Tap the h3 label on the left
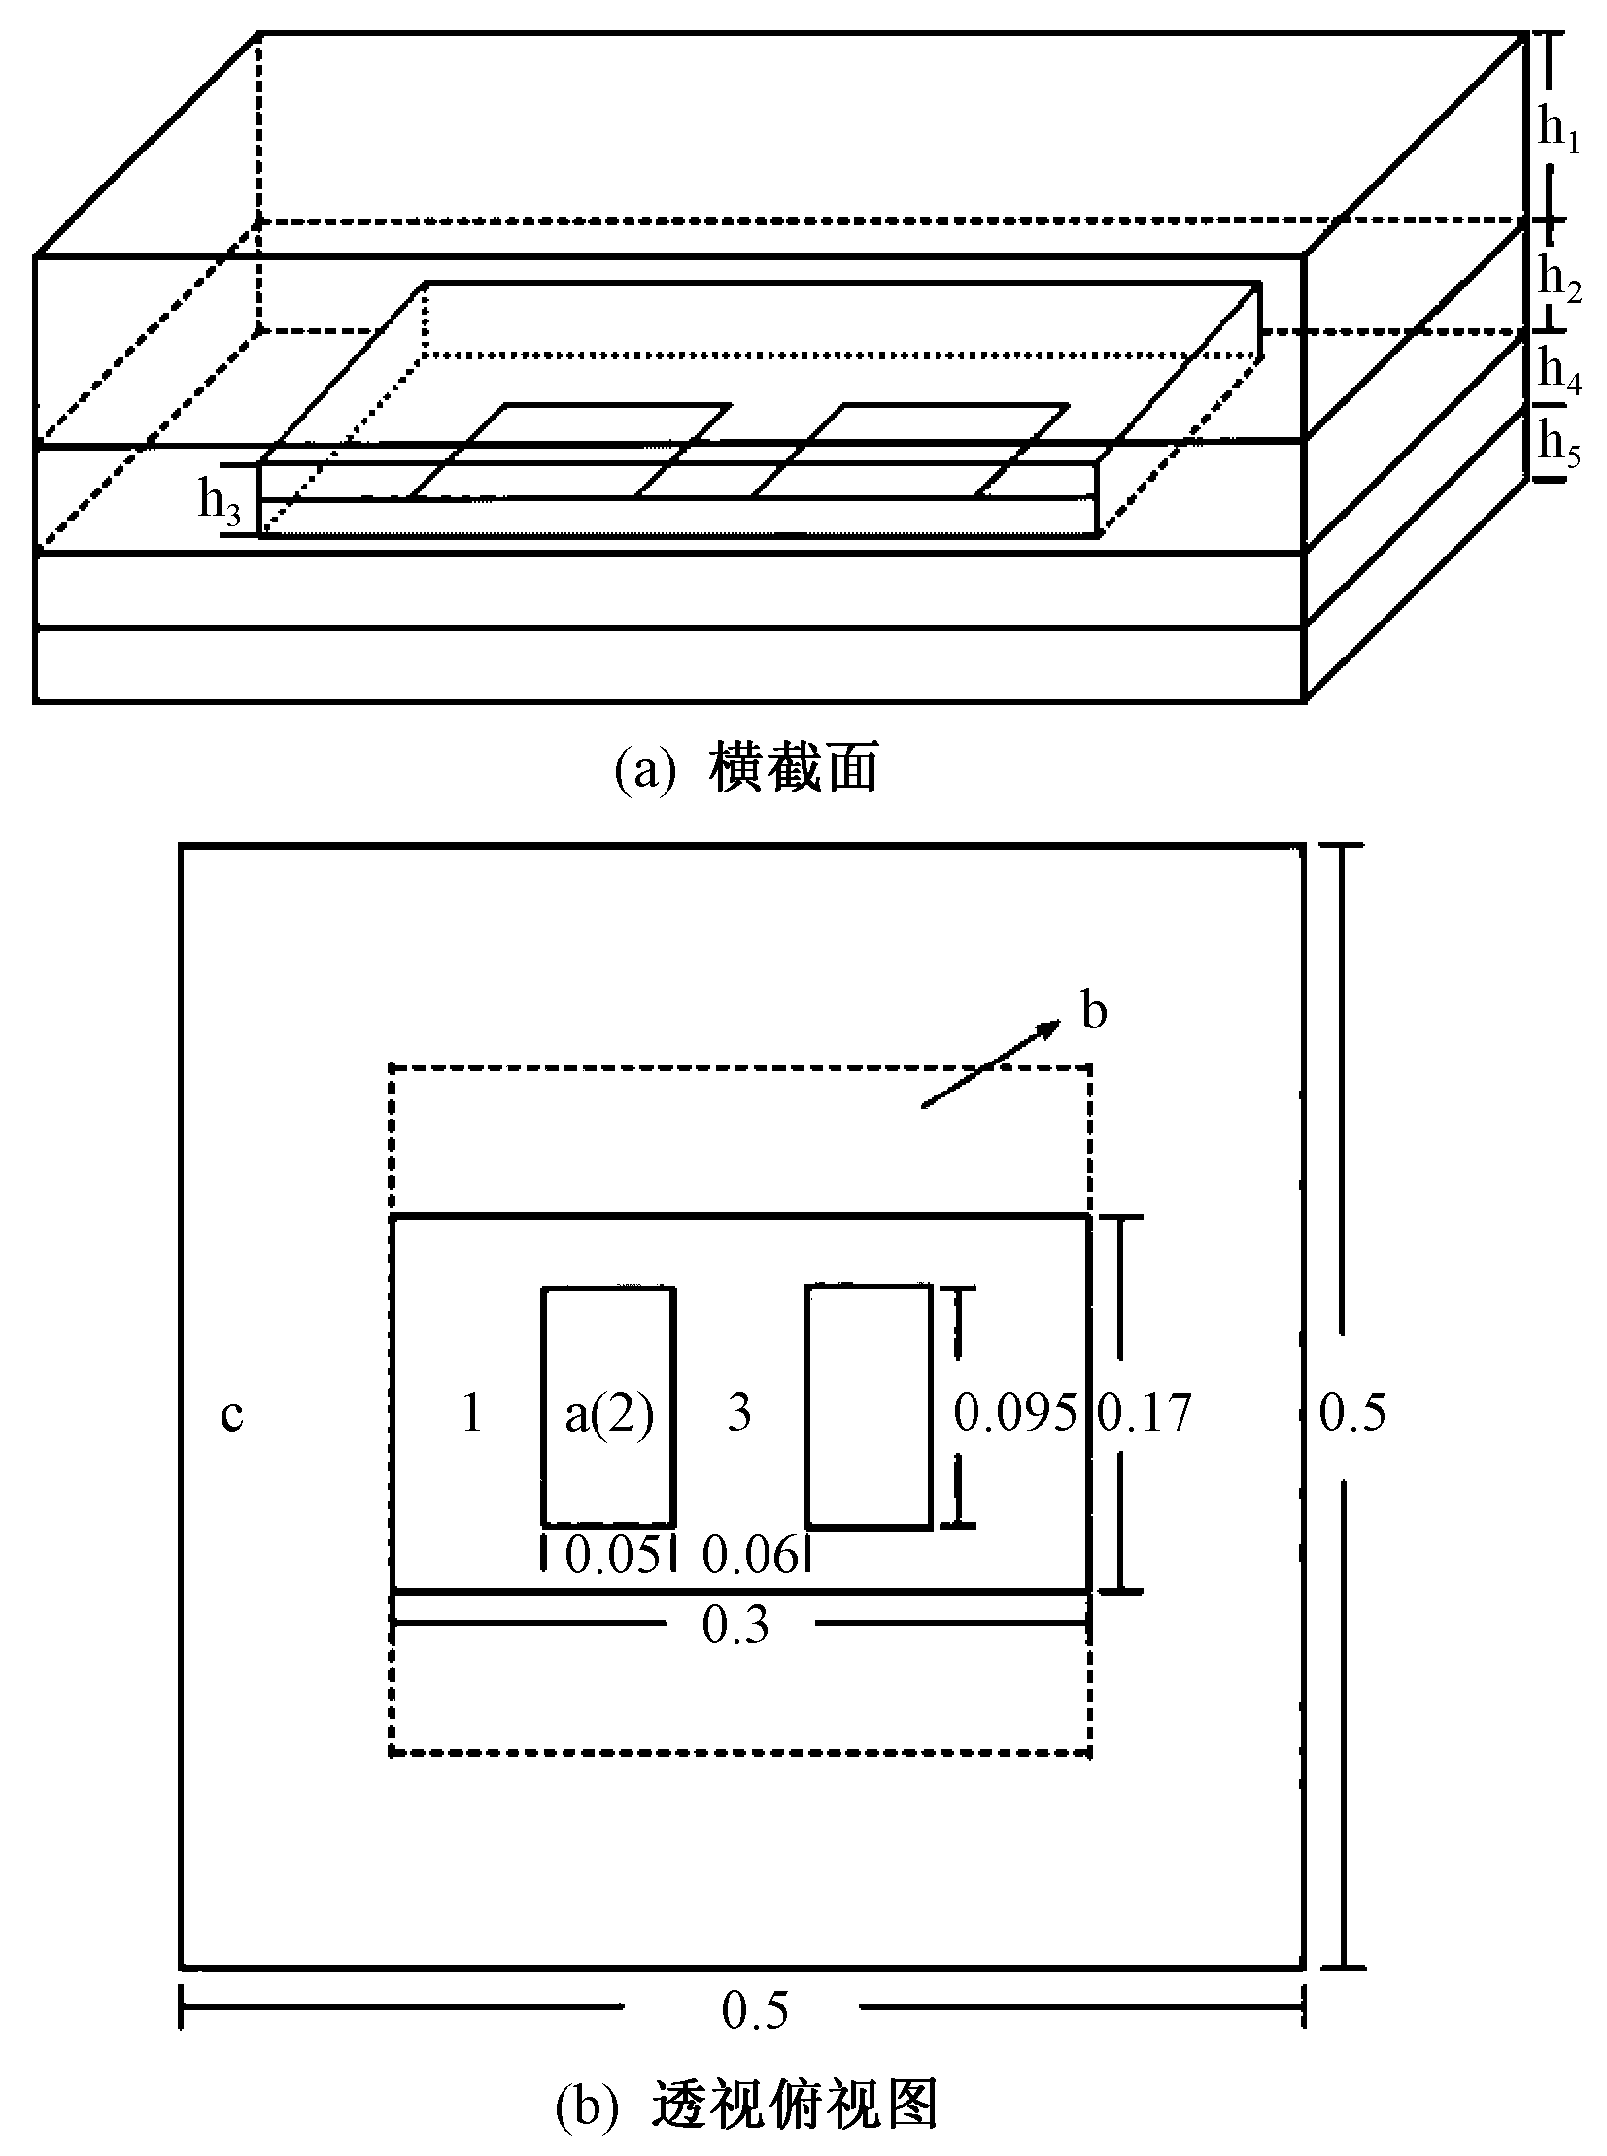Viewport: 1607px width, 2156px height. pos(219,503)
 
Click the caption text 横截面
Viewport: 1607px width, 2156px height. pos(794,767)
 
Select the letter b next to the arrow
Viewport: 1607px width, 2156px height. pos(1094,1012)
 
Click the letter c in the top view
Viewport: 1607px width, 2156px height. pos(231,1415)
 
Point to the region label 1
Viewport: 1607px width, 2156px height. pos(472,1413)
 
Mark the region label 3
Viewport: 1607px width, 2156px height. pos(739,1413)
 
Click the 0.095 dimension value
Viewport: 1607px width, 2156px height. pos(1014,1413)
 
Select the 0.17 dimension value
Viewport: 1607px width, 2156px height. pos(1145,1413)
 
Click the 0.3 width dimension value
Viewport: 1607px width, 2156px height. pos(735,1626)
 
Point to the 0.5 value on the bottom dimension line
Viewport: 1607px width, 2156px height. pos(755,2011)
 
